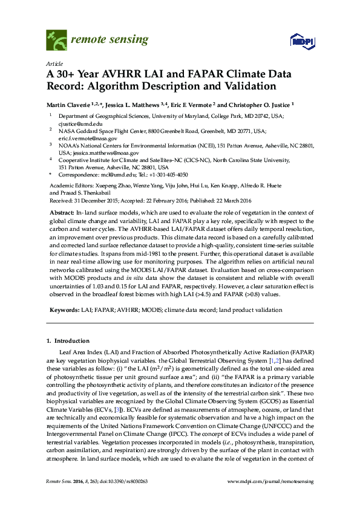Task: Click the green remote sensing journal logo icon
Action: click(x=56, y=40)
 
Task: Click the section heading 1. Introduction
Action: click(x=71, y=341)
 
